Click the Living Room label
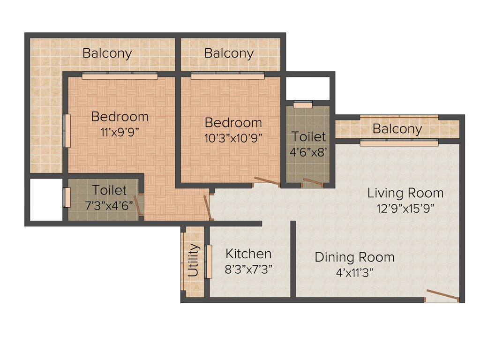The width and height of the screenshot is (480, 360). [x=405, y=193]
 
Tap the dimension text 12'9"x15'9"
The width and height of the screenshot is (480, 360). [x=405, y=208]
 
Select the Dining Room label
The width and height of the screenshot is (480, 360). [x=354, y=257]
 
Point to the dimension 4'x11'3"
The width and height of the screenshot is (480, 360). [x=354, y=273]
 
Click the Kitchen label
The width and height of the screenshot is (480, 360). [x=248, y=254]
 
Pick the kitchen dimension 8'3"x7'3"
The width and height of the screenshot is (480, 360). [x=248, y=270]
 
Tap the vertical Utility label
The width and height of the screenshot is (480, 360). [x=194, y=261]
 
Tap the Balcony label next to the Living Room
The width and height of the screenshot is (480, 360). [x=397, y=129]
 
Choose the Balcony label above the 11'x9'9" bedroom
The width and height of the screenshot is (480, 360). [x=107, y=53]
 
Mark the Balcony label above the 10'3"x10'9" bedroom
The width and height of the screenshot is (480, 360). [x=229, y=53]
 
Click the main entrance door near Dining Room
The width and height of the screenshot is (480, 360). [x=442, y=296]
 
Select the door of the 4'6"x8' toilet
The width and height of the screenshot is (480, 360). [x=313, y=182]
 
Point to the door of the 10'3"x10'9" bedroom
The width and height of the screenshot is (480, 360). [x=266, y=181]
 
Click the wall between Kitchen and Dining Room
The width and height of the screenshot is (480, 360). [x=293, y=260]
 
